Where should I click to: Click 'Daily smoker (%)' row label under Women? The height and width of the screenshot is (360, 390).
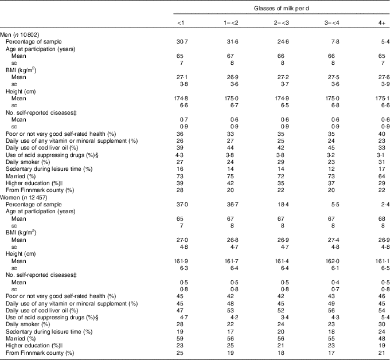[30, 324]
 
